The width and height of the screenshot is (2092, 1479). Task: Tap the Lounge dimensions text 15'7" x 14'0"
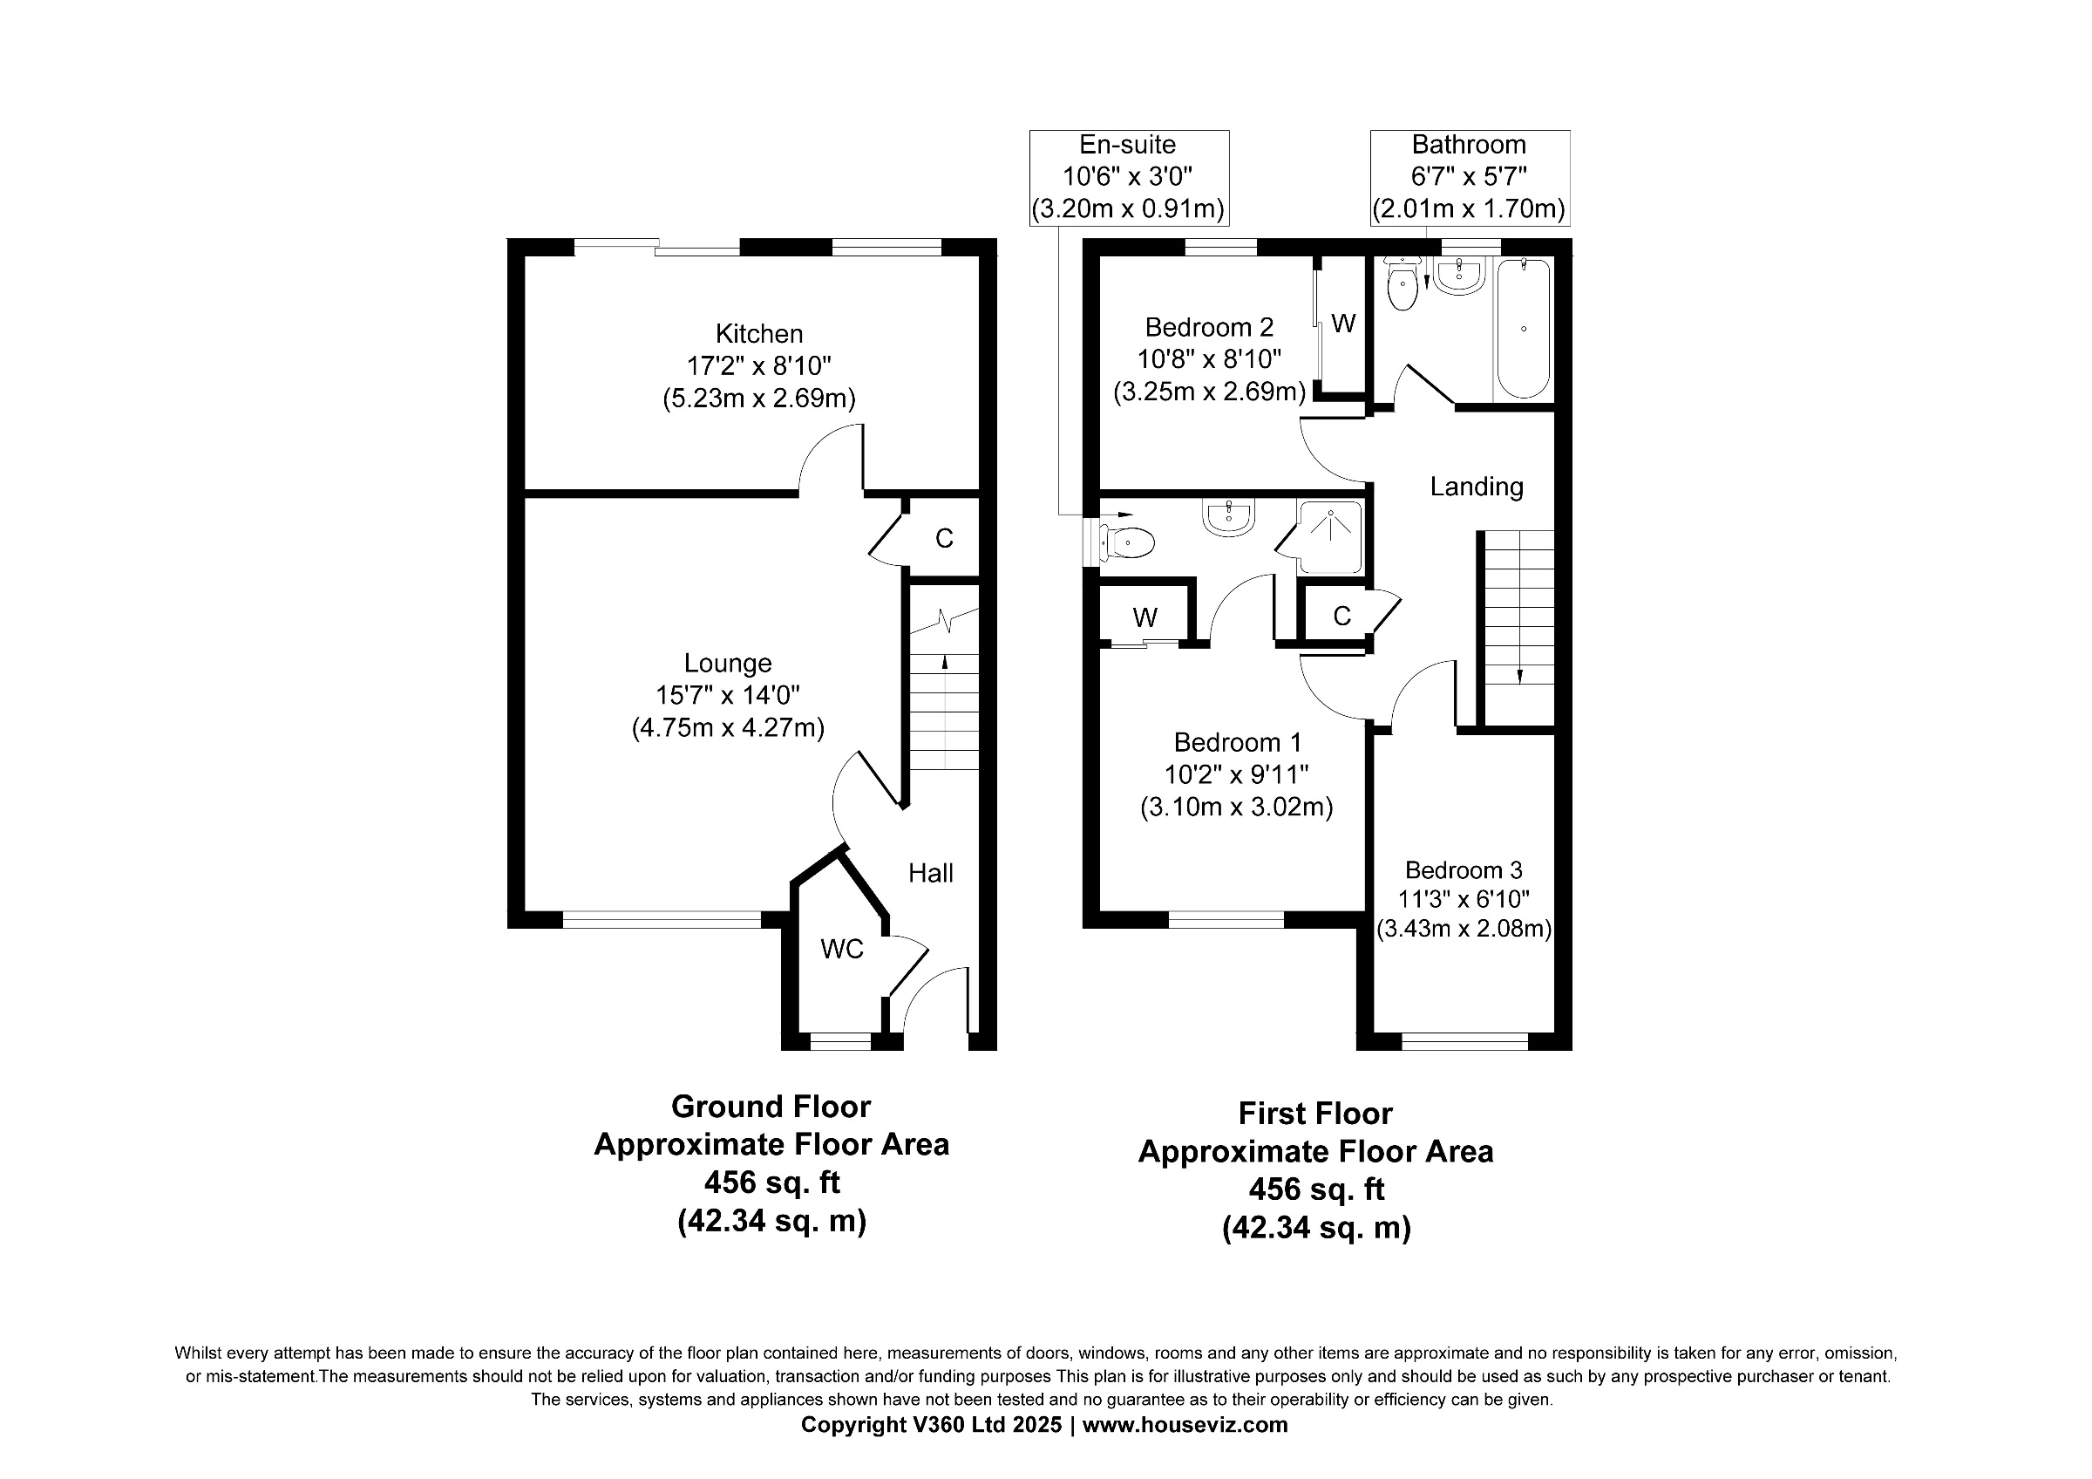pos(727,695)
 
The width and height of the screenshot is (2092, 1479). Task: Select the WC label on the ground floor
pos(841,950)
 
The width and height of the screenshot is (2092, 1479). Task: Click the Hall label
pos(930,873)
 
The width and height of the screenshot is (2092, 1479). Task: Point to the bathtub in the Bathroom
pos(1524,329)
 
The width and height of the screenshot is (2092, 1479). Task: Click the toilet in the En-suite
pos(1127,543)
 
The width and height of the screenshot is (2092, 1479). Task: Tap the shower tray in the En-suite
pos(1330,538)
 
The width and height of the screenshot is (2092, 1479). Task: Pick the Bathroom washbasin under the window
pos(1459,276)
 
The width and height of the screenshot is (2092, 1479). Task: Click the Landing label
pos(1476,487)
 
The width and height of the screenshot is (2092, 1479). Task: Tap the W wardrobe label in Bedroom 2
pos(1343,324)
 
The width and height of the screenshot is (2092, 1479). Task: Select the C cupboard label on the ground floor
pos(944,539)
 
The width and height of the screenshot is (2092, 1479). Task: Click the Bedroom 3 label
pos(1464,870)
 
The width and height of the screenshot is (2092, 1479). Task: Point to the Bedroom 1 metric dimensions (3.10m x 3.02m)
pos(1236,808)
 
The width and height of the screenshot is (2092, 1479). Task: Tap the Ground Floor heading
pos(771,1107)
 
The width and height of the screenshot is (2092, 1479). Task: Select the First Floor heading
pos(1314,1114)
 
